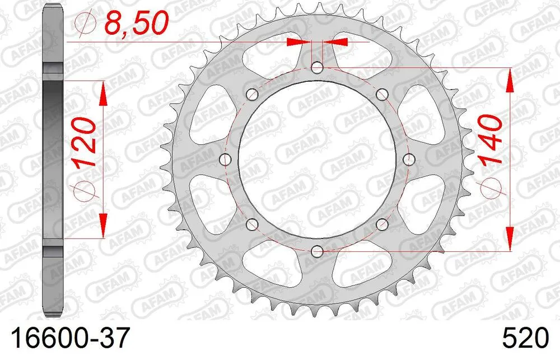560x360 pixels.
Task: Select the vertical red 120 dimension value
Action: point(82,143)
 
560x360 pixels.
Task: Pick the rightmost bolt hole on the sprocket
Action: point(409,160)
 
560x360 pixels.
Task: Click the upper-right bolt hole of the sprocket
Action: point(382,94)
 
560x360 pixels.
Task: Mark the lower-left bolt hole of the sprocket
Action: point(252,225)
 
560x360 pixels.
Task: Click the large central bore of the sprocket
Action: point(318,160)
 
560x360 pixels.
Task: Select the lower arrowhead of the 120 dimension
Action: point(103,227)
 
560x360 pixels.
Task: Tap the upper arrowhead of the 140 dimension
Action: point(510,80)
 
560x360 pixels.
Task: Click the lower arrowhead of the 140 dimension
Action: point(510,239)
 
